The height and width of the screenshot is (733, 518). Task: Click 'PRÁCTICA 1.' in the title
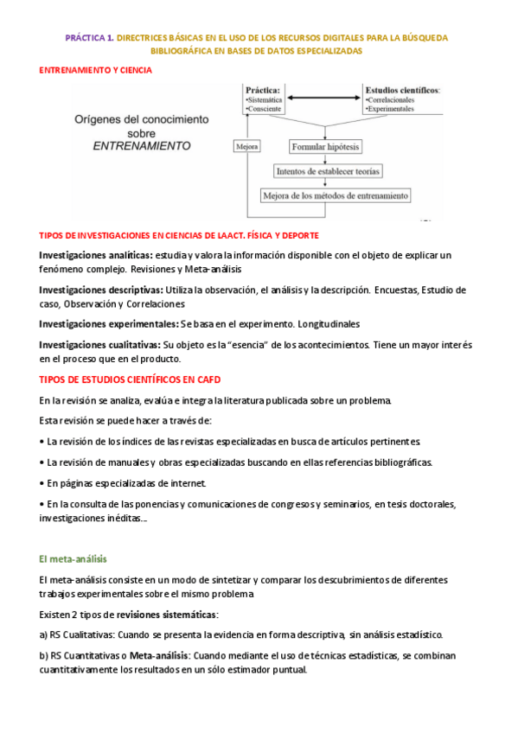(x=89, y=38)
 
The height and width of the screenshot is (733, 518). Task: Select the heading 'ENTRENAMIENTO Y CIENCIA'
(x=96, y=70)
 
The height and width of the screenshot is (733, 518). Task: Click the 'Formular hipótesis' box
(x=326, y=147)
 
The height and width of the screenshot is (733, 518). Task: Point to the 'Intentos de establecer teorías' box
(x=327, y=171)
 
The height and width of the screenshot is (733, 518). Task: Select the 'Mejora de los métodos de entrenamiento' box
(x=336, y=195)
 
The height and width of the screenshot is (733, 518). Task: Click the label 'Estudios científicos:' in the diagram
(x=402, y=89)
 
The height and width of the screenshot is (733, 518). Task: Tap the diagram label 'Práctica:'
(x=262, y=89)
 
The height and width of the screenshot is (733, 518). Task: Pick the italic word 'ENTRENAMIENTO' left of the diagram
(x=142, y=147)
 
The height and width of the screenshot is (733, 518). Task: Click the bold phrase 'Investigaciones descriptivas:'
(x=100, y=290)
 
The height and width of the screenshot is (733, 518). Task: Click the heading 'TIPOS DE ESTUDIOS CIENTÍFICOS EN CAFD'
(x=135, y=379)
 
